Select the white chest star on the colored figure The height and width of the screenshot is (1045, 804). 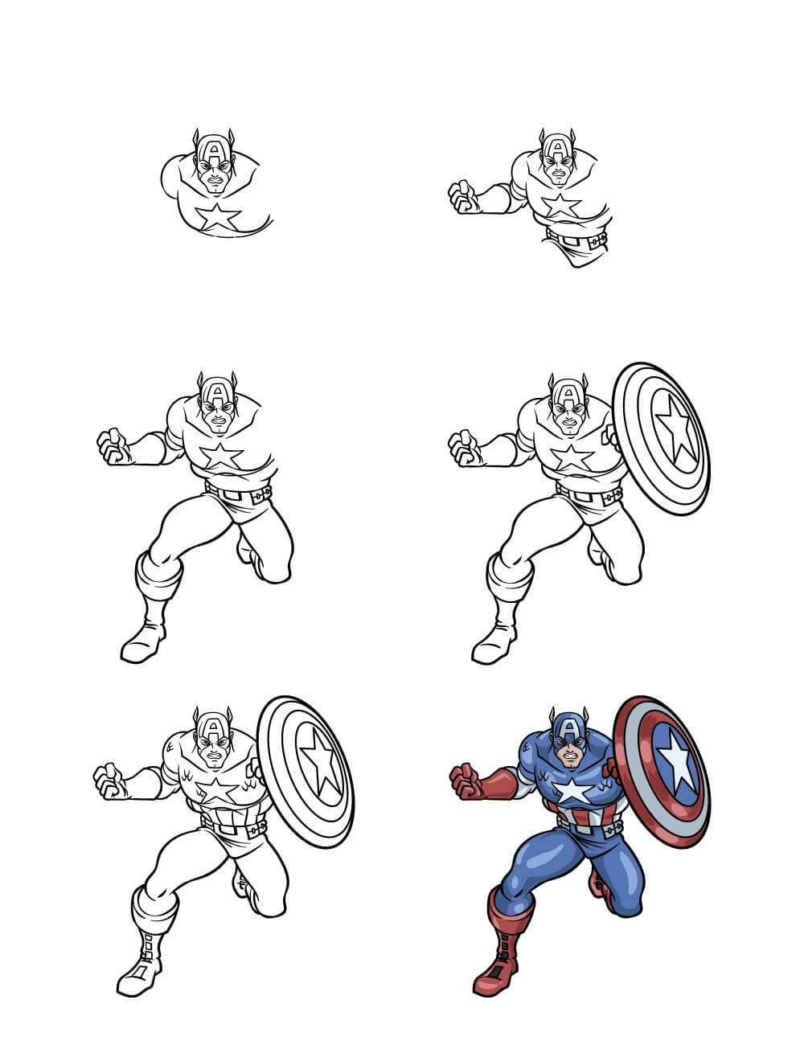point(572,792)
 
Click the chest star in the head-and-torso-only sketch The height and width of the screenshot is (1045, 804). point(218,216)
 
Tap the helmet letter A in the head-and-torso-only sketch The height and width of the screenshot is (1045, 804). point(214,150)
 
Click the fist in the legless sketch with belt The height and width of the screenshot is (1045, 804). point(463,197)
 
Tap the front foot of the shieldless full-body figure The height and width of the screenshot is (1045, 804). point(142,645)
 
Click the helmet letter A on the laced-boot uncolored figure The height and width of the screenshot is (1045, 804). point(214,729)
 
